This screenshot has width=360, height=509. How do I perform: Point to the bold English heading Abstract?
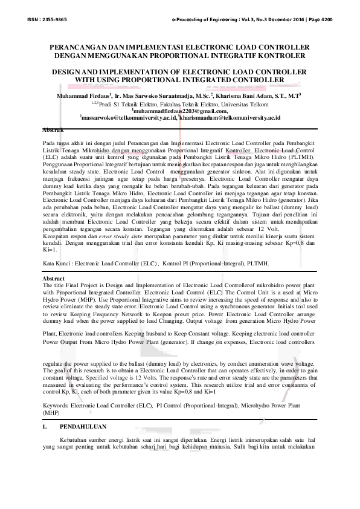54,277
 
